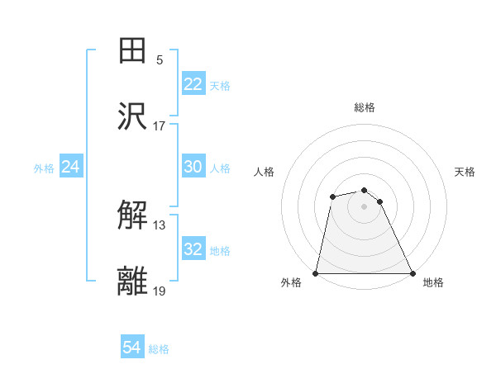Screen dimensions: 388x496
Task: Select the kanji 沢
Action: (x=133, y=117)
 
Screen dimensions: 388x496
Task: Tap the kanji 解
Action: (x=133, y=216)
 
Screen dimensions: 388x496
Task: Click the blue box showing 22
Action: (x=193, y=84)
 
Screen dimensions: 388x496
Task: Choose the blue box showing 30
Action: (x=193, y=167)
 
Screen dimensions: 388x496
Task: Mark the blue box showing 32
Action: (x=193, y=249)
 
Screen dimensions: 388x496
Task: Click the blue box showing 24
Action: (x=70, y=167)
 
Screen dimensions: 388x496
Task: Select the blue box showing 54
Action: (x=132, y=348)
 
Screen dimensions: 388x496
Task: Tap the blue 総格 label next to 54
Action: (x=159, y=349)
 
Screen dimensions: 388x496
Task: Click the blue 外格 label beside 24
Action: (x=44, y=168)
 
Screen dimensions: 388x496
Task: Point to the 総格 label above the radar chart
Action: (x=364, y=107)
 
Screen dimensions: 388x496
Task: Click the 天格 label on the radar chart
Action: (x=465, y=172)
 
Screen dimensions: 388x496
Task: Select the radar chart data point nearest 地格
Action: (x=412, y=273)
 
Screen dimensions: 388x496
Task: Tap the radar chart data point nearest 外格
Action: (x=316, y=273)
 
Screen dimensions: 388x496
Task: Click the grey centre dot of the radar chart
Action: (x=364, y=206)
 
